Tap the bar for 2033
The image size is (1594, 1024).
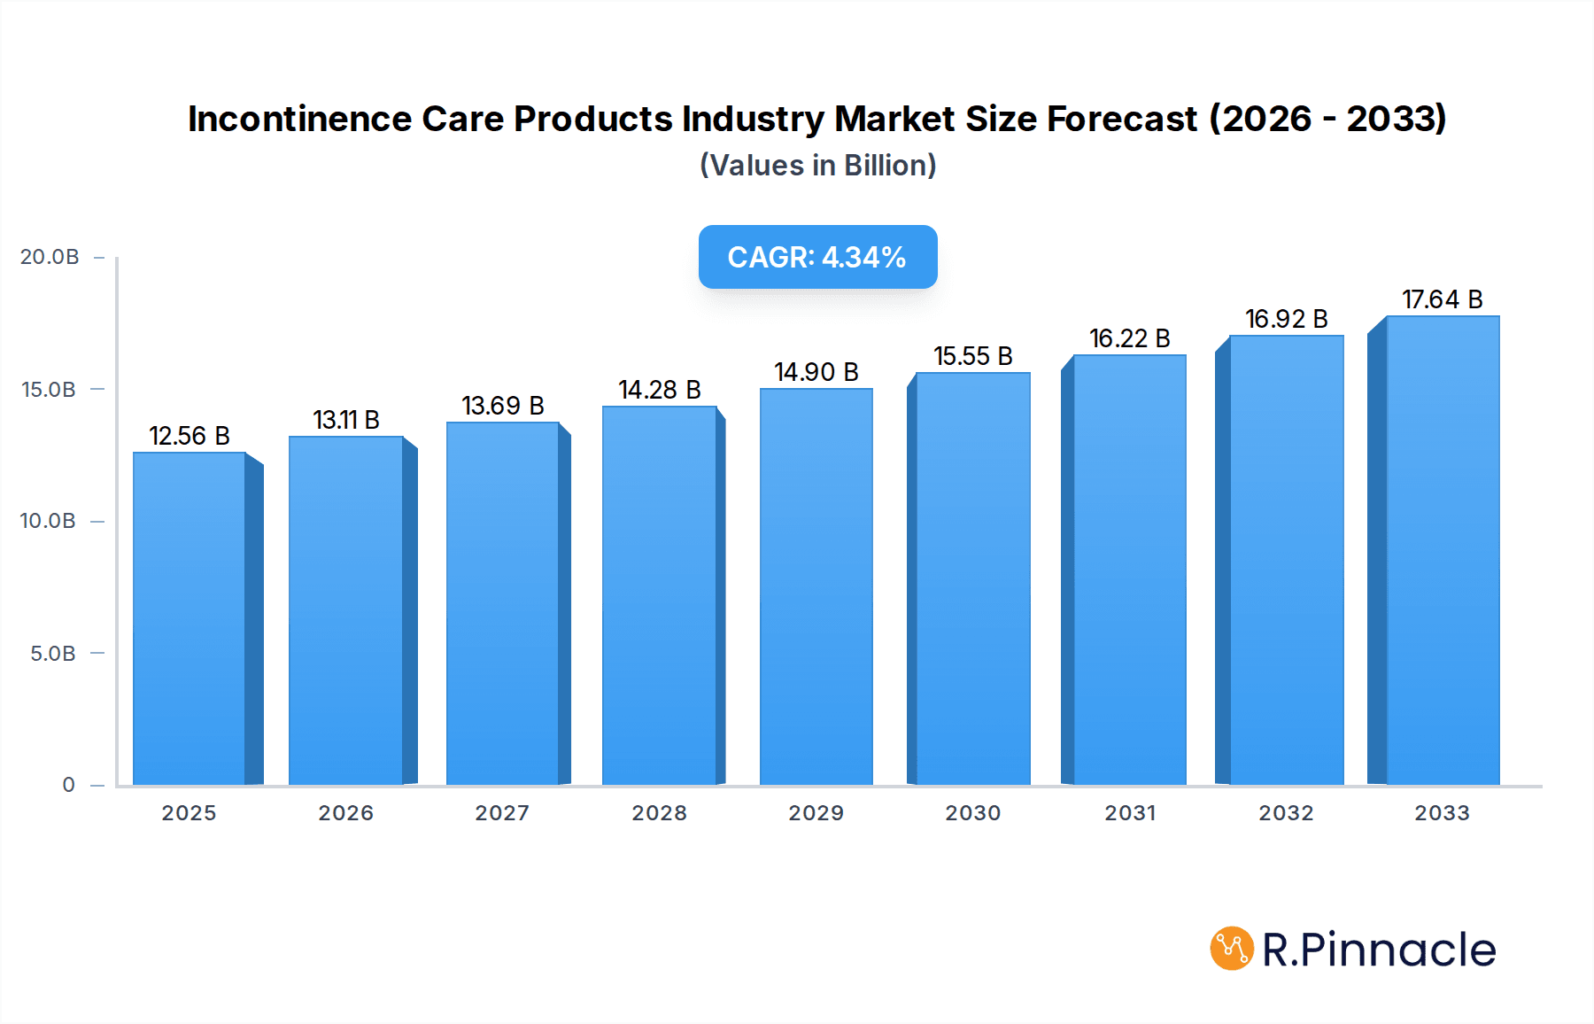point(1443,550)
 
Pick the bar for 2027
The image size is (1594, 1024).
point(502,603)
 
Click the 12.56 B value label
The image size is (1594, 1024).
point(190,436)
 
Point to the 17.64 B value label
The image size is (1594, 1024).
point(1442,299)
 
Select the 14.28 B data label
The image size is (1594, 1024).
point(660,390)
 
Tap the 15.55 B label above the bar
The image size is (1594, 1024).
point(972,356)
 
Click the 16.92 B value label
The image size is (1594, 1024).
point(1286,319)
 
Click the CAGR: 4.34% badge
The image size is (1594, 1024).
point(817,257)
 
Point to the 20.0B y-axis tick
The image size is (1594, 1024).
point(50,257)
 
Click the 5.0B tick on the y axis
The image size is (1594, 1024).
point(53,654)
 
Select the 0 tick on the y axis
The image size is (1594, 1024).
point(68,785)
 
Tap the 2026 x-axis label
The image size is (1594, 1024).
point(345,813)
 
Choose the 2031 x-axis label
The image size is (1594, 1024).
point(1129,813)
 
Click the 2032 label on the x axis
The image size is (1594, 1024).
point(1286,813)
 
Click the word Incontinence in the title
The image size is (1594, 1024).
point(299,119)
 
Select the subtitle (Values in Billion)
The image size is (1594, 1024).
point(817,166)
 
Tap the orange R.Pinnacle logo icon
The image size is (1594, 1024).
point(1231,949)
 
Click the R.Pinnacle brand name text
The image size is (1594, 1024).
point(1378,950)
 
